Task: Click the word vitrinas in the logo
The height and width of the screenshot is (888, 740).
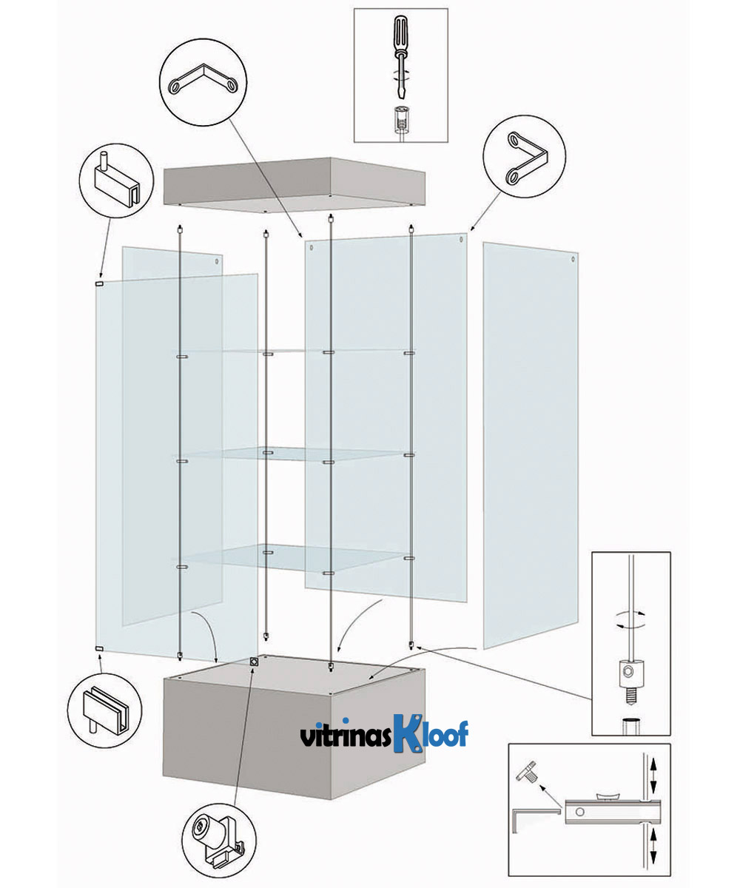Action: pos(343,737)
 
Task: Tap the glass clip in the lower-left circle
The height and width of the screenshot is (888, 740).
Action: pos(100,706)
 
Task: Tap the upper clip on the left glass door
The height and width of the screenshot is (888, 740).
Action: pos(99,283)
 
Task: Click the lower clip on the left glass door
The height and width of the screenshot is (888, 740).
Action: pos(99,649)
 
